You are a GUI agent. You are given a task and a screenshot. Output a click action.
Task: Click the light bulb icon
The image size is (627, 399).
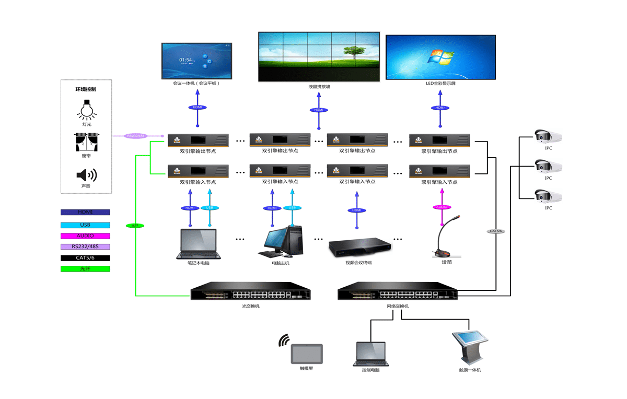click(x=87, y=109)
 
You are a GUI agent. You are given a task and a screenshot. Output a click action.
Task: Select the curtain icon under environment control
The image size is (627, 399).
click(x=87, y=142)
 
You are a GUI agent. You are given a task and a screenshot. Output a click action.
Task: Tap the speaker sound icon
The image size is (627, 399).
click(x=87, y=175)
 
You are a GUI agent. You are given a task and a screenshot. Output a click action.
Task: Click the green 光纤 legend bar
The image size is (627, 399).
click(x=85, y=269)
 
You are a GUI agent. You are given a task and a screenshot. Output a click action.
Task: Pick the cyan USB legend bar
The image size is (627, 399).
click(x=85, y=225)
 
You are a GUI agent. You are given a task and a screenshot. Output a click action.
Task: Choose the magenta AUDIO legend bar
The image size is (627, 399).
click(x=85, y=236)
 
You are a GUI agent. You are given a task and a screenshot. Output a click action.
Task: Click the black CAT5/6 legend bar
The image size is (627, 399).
click(x=85, y=258)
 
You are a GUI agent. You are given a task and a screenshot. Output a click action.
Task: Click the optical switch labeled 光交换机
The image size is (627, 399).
click(x=250, y=292)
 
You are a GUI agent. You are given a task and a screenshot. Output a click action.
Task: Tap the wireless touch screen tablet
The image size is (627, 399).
click(x=307, y=354)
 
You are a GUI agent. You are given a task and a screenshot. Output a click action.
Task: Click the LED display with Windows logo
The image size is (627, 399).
click(x=440, y=57)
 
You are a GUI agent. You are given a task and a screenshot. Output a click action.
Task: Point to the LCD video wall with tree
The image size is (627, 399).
click(x=318, y=56)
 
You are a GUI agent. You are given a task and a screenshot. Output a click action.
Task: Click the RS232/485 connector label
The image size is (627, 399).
click(x=136, y=136)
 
